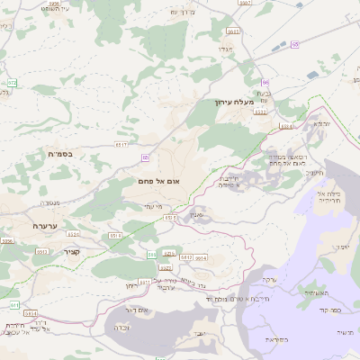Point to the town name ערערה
pyautogui.click(x=42, y=226)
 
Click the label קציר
pyautogui.click(x=72, y=252)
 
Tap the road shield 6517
pyautogui.click(x=123, y=143)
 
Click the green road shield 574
pyautogui.click(x=12, y=84)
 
